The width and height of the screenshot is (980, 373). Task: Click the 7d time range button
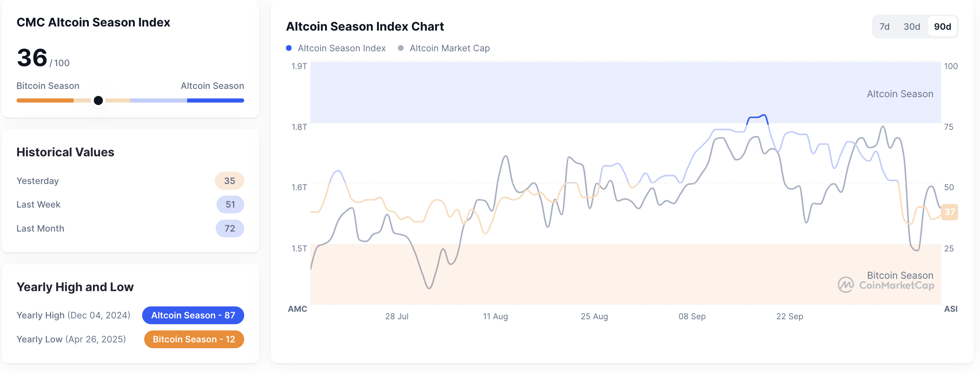[885, 27]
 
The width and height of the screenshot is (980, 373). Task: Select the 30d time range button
[912, 27]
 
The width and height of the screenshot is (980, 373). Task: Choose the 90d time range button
[942, 27]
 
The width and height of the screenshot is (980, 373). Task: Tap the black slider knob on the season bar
[98, 100]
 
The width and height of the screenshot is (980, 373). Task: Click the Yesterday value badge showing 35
[229, 181]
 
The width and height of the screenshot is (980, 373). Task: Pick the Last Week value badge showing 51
[230, 205]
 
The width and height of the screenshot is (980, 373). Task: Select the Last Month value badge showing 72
[230, 229]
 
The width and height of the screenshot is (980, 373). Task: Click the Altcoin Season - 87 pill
[193, 316]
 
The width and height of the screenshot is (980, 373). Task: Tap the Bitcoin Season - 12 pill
[194, 340]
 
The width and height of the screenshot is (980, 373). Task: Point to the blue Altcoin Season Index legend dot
[289, 48]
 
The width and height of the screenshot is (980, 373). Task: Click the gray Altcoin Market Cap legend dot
[400, 48]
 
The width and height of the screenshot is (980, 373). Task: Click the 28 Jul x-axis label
[397, 316]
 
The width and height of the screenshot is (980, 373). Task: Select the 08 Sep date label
[692, 316]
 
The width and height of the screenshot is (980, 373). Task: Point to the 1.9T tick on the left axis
[299, 66]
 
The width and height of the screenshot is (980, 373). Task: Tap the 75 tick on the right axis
[949, 127]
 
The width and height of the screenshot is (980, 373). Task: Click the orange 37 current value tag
[949, 212]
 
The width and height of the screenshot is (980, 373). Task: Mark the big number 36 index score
[32, 58]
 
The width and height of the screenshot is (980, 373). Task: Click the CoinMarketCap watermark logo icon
[846, 285]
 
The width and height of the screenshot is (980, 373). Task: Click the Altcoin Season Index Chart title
[365, 26]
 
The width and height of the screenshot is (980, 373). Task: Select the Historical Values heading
[65, 152]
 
